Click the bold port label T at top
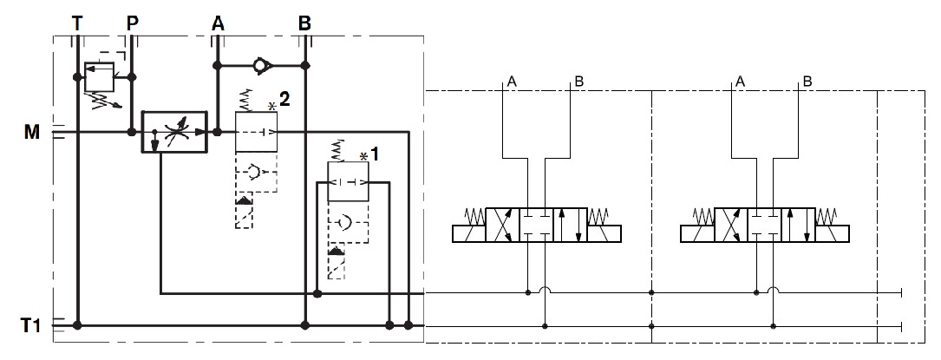[x=78, y=23]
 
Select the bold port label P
[x=132, y=23]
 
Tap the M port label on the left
[x=33, y=132]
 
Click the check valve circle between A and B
[x=261, y=65]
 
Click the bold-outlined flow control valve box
[x=174, y=133]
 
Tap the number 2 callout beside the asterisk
[x=284, y=99]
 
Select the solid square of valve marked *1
[x=348, y=182]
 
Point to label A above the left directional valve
[x=513, y=82]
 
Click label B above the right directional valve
[x=807, y=82]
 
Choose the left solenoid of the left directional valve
[x=468, y=232]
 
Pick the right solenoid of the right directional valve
[x=833, y=232]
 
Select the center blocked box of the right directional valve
[x=764, y=224]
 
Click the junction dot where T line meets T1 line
[x=78, y=326]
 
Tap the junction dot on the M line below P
[x=131, y=133]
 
